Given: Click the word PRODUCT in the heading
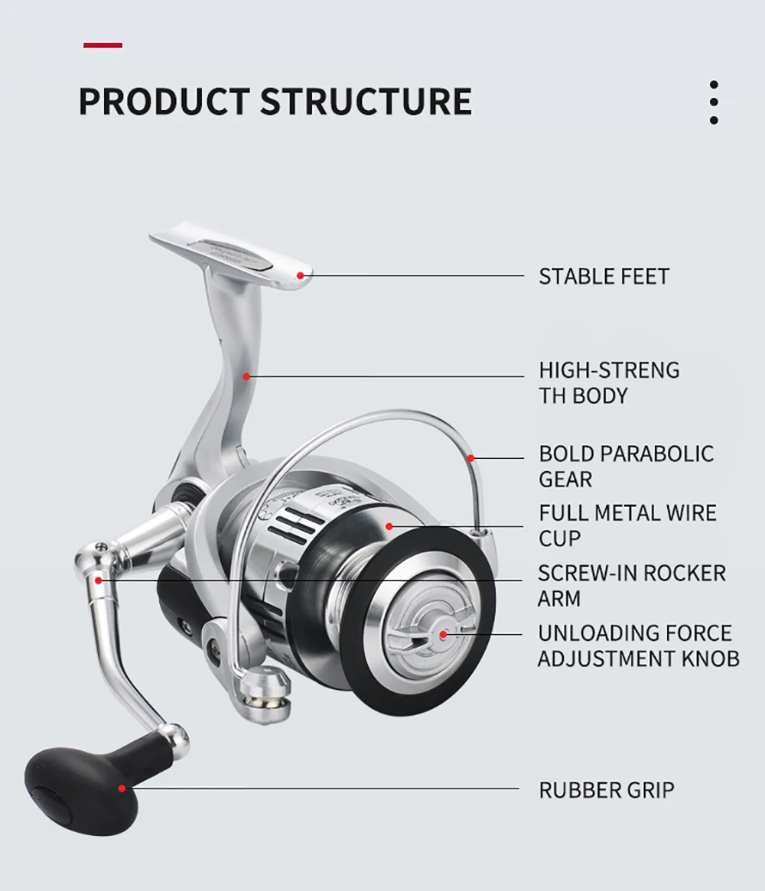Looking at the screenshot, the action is click(x=164, y=102).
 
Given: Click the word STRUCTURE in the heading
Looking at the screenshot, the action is click(x=366, y=102).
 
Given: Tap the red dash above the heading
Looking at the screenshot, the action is click(x=103, y=46).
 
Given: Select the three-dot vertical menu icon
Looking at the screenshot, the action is click(x=714, y=102).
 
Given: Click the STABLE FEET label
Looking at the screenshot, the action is click(x=604, y=276).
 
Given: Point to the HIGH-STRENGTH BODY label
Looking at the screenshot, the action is click(x=609, y=382).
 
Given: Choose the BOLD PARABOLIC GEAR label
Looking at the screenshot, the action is click(x=626, y=466).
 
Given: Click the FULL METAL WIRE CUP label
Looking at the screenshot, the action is click(x=627, y=525).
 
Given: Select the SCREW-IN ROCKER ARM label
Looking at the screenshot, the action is click(x=631, y=585).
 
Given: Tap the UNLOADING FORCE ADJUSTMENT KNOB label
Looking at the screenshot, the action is click(x=638, y=645).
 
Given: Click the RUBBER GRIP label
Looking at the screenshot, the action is click(x=607, y=790).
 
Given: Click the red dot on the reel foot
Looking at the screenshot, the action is click(x=301, y=275).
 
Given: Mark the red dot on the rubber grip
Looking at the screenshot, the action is click(x=121, y=788).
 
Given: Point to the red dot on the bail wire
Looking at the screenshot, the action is click(x=472, y=457).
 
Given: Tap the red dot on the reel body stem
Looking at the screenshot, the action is click(x=246, y=376).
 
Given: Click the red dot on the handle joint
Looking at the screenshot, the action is click(x=98, y=580).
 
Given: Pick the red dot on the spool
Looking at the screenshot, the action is click(x=389, y=526).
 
